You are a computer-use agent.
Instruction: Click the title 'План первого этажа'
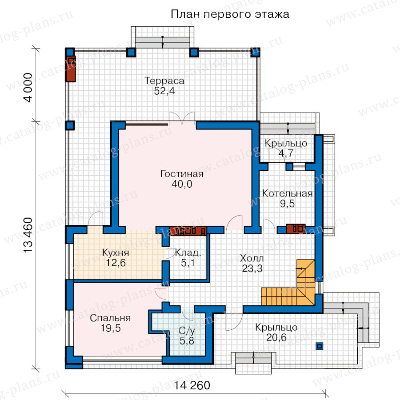(x=230, y=14)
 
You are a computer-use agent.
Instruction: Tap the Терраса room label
(x=164, y=80)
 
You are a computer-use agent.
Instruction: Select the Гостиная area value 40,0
(x=182, y=184)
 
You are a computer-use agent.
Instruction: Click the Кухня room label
(x=116, y=252)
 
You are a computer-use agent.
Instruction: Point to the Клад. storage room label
(x=188, y=252)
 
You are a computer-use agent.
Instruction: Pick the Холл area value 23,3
(x=252, y=268)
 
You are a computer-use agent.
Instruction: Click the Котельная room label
(x=287, y=193)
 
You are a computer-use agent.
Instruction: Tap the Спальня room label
(x=110, y=318)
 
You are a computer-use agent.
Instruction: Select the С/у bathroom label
(x=187, y=331)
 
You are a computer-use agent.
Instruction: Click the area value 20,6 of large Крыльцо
(x=276, y=337)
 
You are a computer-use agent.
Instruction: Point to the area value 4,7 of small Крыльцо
(x=286, y=153)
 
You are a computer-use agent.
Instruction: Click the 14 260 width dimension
(x=192, y=385)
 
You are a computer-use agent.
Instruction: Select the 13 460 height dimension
(x=28, y=235)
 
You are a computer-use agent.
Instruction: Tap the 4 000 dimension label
(x=28, y=88)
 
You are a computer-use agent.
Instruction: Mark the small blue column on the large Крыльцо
(x=320, y=346)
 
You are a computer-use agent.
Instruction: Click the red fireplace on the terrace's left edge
(x=71, y=69)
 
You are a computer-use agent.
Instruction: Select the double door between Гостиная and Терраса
(x=182, y=118)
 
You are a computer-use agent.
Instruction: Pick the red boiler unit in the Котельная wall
(x=296, y=228)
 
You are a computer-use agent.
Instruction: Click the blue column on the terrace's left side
(x=70, y=125)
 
